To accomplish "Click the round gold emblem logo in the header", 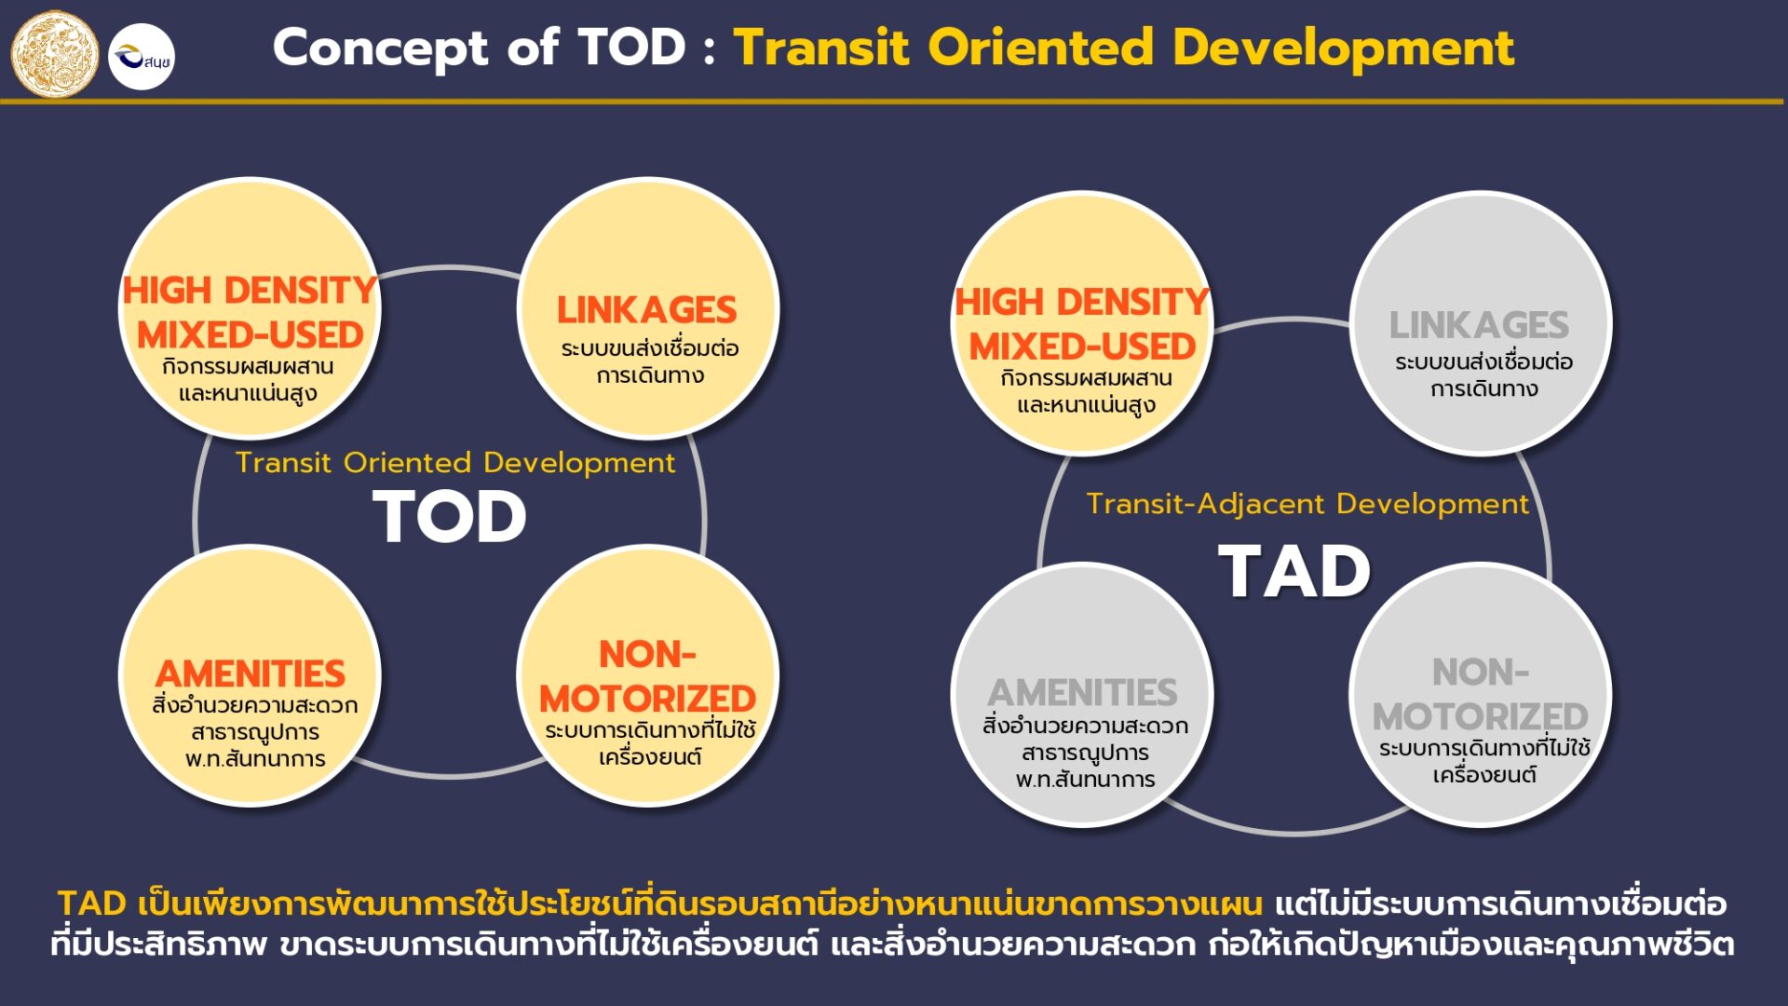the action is coord(55,55).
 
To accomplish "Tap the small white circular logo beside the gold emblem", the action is coord(142,57).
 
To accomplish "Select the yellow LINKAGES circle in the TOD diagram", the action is coord(648,308).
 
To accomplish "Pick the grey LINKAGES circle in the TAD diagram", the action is coord(1481,323).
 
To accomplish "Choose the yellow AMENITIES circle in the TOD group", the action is coord(250,675).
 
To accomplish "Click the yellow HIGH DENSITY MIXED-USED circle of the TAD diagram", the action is coord(1082,323).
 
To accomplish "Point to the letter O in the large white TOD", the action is coord(451,518).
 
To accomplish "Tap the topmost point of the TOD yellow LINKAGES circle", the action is coord(648,178).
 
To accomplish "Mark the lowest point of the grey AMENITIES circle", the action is coord(1082,825).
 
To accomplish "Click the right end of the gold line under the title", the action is coord(1782,101).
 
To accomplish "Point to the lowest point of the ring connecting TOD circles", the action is coord(451,774).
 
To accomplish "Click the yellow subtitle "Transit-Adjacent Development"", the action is coord(1307,504).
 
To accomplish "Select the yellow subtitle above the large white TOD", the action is coord(455,463).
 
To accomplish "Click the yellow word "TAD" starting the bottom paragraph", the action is coord(92,904).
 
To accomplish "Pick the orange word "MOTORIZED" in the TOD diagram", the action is coord(648,699).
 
